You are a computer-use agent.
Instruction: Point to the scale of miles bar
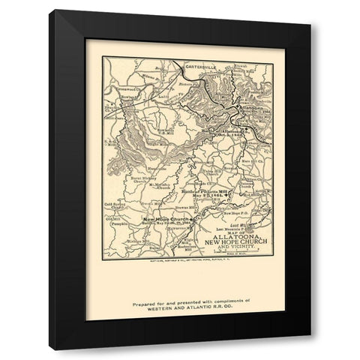(229, 259)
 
